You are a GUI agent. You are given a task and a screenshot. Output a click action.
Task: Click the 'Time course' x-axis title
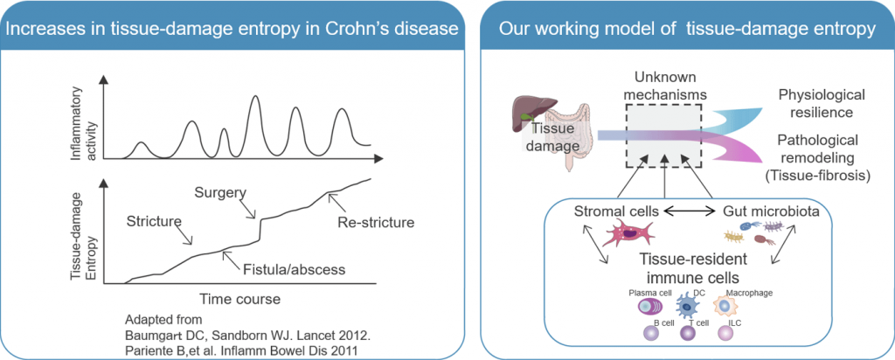click(x=238, y=299)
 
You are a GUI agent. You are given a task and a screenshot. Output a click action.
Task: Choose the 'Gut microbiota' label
click(x=751, y=211)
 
